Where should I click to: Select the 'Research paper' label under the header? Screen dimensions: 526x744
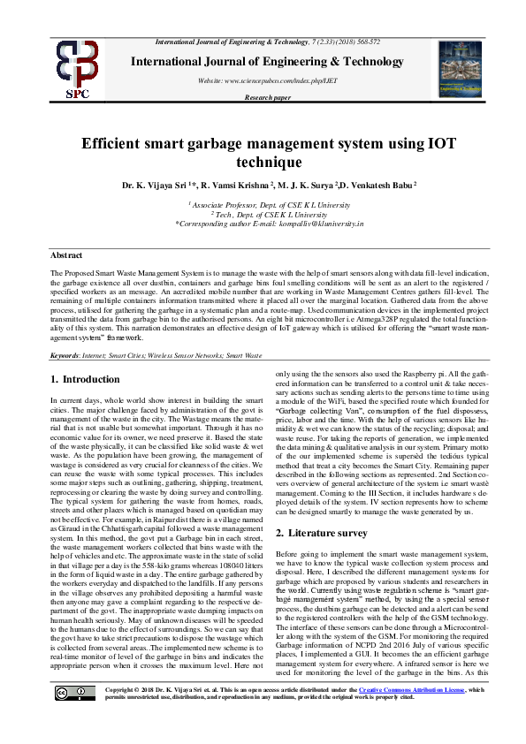click(x=267, y=98)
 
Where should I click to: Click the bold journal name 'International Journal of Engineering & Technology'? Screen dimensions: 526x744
click(x=268, y=61)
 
